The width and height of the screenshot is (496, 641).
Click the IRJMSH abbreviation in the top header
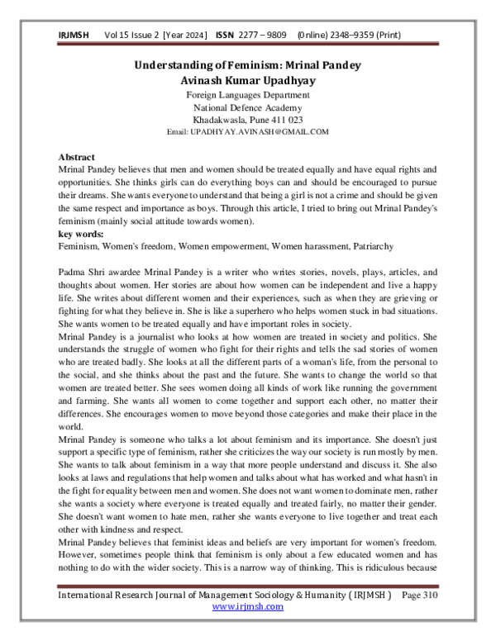[73, 35]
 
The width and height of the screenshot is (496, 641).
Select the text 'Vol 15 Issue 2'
[131, 35]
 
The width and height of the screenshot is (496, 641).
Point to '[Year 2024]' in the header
[187, 35]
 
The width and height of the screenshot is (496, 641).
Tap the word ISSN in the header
[226, 35]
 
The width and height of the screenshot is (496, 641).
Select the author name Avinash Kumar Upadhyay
[248, 80]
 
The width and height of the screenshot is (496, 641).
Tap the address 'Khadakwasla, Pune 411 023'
[248, 120]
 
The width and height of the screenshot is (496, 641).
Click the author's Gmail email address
[248, 131]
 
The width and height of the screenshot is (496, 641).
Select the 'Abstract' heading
[77, 157]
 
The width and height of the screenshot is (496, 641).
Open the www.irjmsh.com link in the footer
[248, 629]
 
